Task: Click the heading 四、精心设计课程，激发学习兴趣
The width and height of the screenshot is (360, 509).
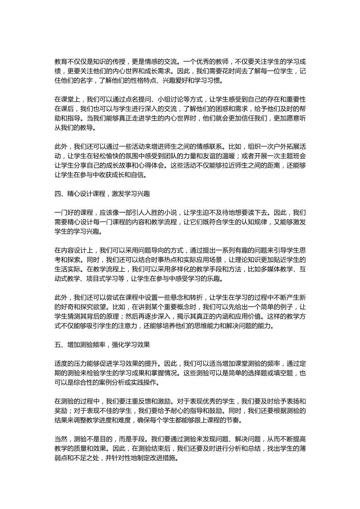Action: coord(102,193)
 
